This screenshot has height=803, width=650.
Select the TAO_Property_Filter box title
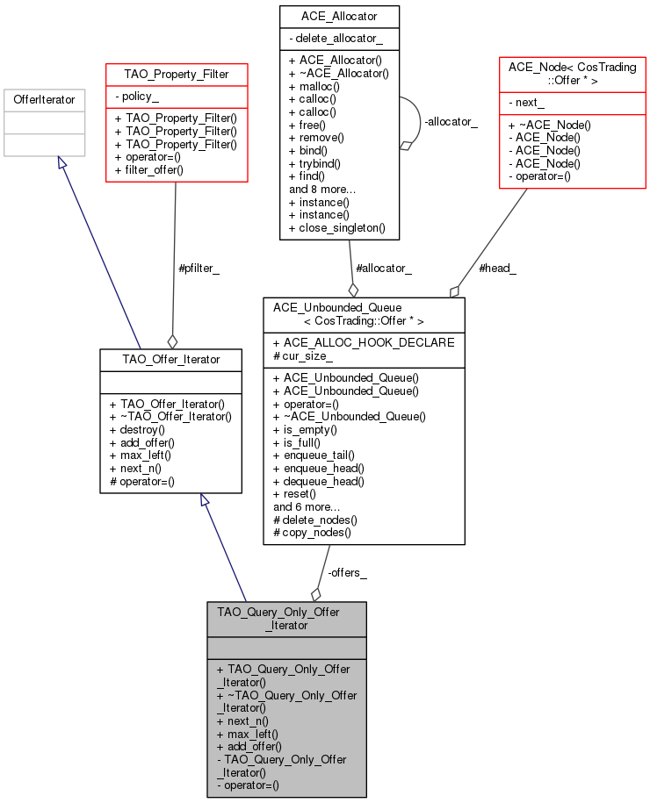[x=176, y=75]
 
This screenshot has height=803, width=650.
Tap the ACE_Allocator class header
[x=339, y=17]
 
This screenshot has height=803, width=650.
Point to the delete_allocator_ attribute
[x=335, y=39]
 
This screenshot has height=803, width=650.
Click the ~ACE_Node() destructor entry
[x=552, y=125]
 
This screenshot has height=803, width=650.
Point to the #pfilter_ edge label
[x=199, y=269]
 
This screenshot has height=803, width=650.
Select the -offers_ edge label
[x=347, y=572]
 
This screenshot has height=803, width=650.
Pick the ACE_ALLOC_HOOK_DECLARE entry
[x=363, y=341]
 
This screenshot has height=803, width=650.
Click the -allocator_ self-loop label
[x=451, y=122]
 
